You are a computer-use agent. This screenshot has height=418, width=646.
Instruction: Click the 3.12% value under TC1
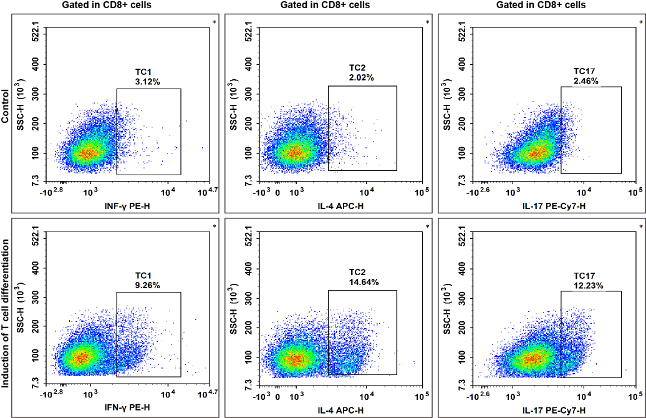tap(148, 81)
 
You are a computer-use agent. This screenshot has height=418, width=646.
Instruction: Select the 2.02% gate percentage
tap(361, 78)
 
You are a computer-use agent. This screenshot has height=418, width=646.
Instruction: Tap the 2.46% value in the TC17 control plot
tap(586, 81)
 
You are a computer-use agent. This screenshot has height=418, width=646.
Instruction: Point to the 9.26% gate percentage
tap(148, 285)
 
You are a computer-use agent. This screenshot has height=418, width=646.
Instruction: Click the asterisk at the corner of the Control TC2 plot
tap(428, 23)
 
